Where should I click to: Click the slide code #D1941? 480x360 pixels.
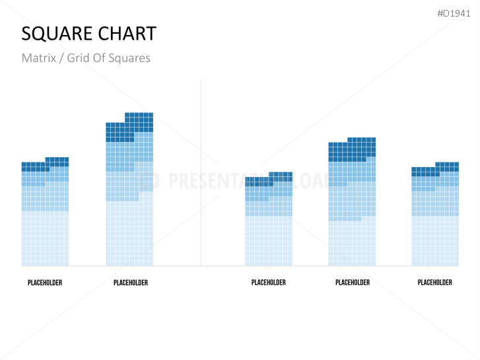454,13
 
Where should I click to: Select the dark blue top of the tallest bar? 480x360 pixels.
129,127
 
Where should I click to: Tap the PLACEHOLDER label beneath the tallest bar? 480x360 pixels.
131,283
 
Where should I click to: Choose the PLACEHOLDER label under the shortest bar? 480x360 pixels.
269,283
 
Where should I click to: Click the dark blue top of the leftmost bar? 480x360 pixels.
45,164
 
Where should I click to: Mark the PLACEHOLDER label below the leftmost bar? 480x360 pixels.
45,283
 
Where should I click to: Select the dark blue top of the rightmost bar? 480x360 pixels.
435,169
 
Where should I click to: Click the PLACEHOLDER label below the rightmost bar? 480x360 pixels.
435,283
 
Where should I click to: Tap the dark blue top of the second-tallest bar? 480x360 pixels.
352,149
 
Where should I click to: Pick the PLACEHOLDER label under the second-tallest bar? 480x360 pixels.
353,283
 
